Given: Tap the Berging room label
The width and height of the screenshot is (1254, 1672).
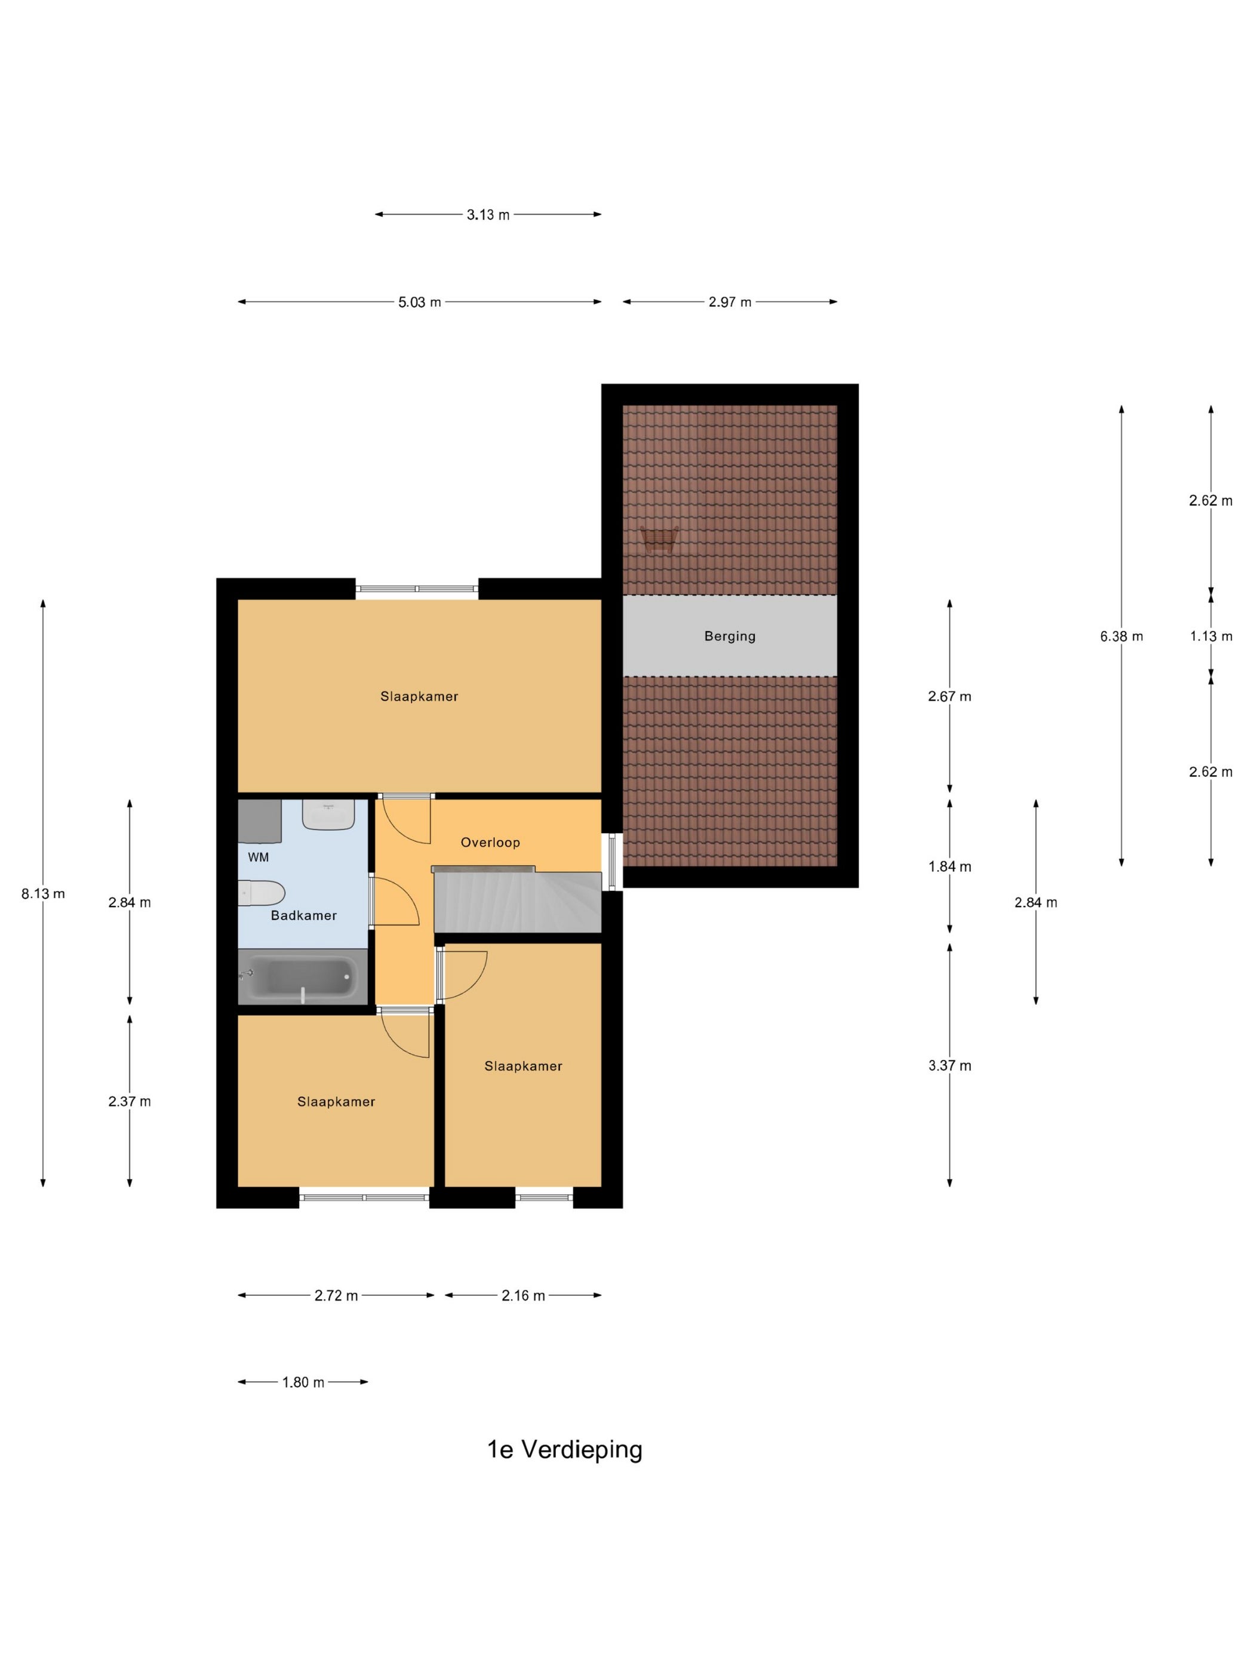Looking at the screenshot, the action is (x=730, y=637).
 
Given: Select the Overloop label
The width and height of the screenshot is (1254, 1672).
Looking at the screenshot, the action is (x=490, y=842).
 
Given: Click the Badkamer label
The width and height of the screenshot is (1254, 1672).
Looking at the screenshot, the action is (x=303, y=915).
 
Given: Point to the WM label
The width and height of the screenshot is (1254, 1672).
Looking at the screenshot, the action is (x=258, y=857).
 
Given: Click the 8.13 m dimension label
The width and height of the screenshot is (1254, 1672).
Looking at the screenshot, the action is (x=43, y=893).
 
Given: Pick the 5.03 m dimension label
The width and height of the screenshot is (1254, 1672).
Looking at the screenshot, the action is (x=420, y=302).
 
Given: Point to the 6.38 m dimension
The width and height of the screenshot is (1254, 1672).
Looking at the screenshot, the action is (x=1121, y=637).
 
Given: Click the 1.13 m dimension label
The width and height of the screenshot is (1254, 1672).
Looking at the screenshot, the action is (x=1211, y=637).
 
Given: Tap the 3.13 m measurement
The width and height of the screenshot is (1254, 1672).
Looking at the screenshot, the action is (x=487, y=214).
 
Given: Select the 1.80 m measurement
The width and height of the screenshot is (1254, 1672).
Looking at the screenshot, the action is (x=303, y=1382).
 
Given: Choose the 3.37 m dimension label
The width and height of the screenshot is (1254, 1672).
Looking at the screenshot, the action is (x=949, y=1066).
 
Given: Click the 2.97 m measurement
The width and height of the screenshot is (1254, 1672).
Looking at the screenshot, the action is (x=730, y=302).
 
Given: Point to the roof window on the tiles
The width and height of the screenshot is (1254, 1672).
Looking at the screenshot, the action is (x=659, y=540).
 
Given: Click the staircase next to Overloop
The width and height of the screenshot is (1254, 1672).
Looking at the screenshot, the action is (x=518, y=901).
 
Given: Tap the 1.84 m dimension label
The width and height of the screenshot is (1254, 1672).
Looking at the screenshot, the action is (x=949, y=867).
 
